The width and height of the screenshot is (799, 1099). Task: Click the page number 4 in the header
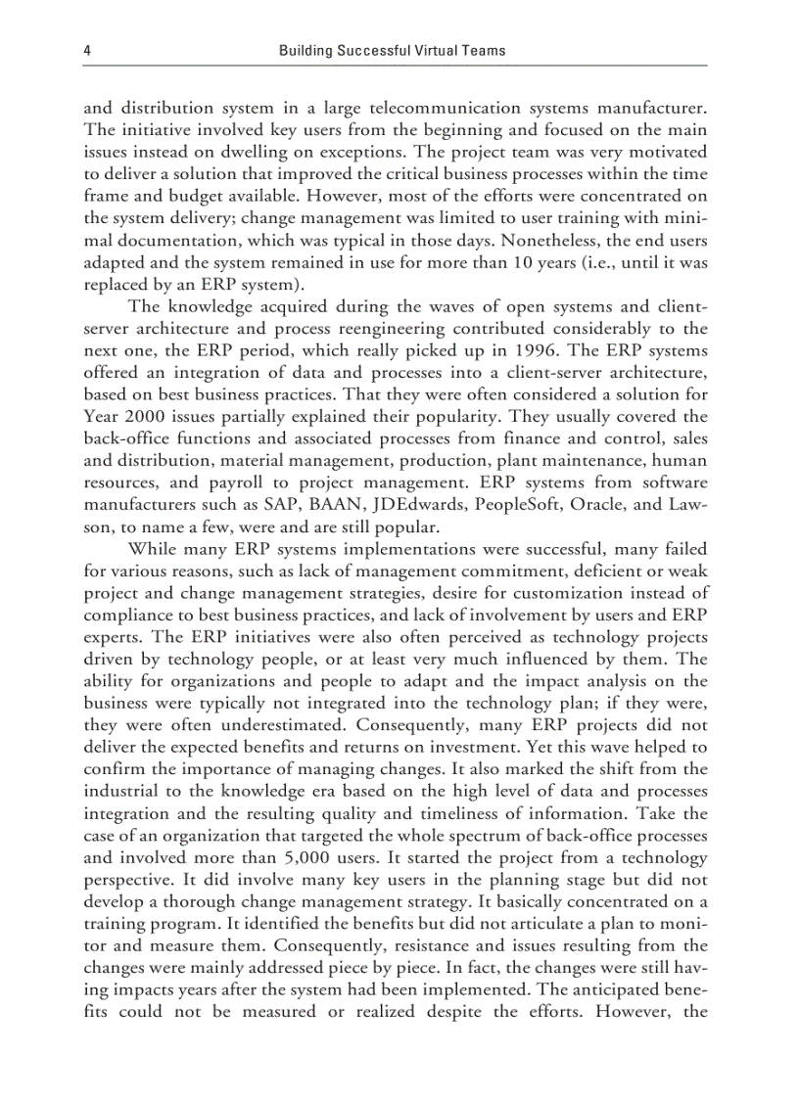point(88,50)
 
